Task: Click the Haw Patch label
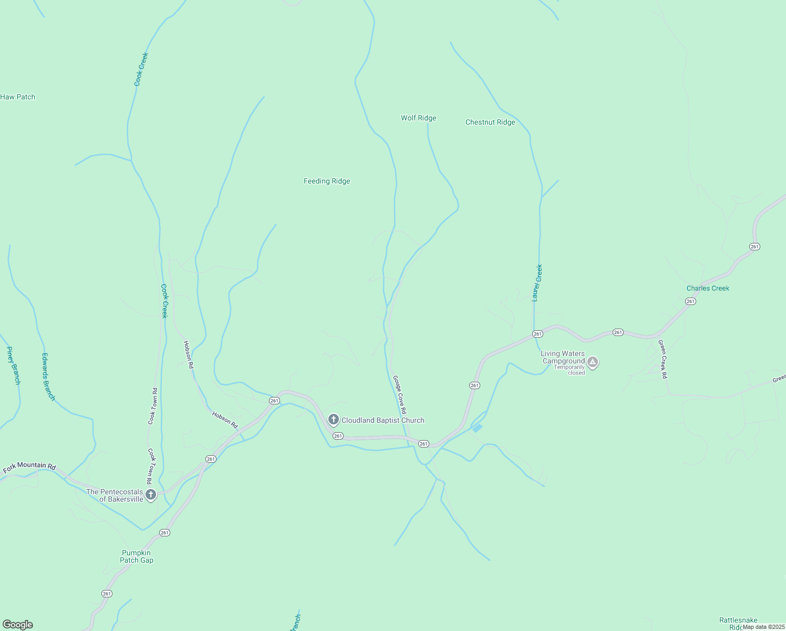18,97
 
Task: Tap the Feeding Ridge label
327,181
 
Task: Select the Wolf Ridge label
418,118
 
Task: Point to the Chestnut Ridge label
490,122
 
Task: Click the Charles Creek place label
708,288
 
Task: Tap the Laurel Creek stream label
536,283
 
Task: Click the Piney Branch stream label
14,365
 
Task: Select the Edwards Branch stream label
48,376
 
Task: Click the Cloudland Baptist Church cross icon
333,420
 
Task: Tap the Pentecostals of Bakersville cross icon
151,494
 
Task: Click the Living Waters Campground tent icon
593,362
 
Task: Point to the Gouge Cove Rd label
400,395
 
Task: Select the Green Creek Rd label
663,359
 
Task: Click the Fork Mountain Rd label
29,467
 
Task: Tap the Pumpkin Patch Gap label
137,556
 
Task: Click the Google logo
17,625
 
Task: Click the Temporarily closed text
569,370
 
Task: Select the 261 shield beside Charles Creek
690,301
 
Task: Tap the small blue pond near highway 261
477,428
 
